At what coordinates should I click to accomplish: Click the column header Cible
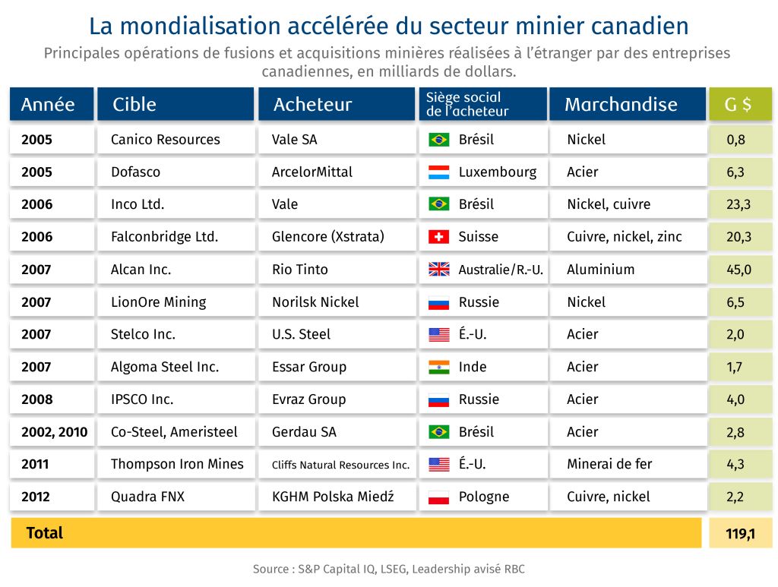tap(134, 105)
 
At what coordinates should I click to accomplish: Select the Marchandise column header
tap(621, 105)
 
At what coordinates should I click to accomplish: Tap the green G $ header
tap(738, 105)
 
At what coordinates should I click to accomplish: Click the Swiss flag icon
tap(439, 237)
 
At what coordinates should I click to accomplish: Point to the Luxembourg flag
tap(439, 172)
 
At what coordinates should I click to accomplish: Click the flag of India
tap(439, 367)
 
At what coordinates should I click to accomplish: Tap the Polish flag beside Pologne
tap(439, 497)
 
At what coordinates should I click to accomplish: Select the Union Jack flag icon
tap(439, 270)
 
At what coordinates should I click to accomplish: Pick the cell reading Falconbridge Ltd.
tap(164, 237)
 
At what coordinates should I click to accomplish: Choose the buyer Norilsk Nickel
tap(315, 302)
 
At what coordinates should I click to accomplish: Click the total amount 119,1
tap(740, 533)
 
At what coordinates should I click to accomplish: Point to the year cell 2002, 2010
tap(54, 432)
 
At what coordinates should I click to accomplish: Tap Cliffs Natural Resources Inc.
tap(340, 465)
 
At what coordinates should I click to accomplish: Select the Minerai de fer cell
tap(609, 464)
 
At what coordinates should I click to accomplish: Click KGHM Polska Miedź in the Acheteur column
tap(333, 497)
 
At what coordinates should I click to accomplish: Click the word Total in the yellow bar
tap(45, 533)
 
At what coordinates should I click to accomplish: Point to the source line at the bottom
tap(389, 569)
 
